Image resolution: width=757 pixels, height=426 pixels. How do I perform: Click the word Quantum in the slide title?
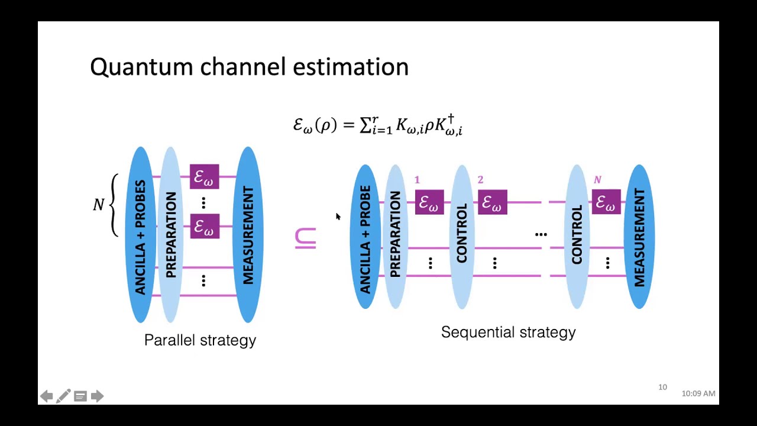pos(142,67)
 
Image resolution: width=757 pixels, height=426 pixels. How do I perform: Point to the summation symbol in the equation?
pos(366,125)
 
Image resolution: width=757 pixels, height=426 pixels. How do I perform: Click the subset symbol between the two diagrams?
pos(305,238)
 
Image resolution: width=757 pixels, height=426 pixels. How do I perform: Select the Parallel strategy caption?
pos(200,340)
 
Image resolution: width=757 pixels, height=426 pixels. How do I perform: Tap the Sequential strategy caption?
pos(508,332)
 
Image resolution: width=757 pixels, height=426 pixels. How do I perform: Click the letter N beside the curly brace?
pos(99,205)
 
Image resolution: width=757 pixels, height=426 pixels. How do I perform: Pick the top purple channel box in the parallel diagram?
pos(205,177)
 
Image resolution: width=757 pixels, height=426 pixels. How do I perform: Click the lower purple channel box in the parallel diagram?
pos(205,227)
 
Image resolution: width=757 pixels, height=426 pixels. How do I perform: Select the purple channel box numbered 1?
pos(429,202)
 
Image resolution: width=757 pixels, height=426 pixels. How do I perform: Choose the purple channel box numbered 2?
pos(493,202)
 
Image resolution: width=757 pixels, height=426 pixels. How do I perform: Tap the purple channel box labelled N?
pos(606,202)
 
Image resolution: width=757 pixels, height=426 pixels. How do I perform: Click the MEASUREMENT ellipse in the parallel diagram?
pos(248,234)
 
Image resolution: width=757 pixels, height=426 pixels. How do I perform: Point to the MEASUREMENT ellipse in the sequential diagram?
pos(639,237)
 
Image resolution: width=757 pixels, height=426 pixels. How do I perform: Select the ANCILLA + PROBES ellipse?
pos(140,234)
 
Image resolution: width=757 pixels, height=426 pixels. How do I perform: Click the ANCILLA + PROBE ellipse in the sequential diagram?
pos(365,237)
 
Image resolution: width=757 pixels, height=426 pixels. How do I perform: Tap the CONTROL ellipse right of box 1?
pos(462,237)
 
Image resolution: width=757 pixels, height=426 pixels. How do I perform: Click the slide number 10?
pos(662,387)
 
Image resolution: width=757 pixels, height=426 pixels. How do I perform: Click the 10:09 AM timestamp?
pos(698,393)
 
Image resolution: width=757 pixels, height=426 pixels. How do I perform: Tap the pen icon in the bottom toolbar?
pos(63,396)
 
